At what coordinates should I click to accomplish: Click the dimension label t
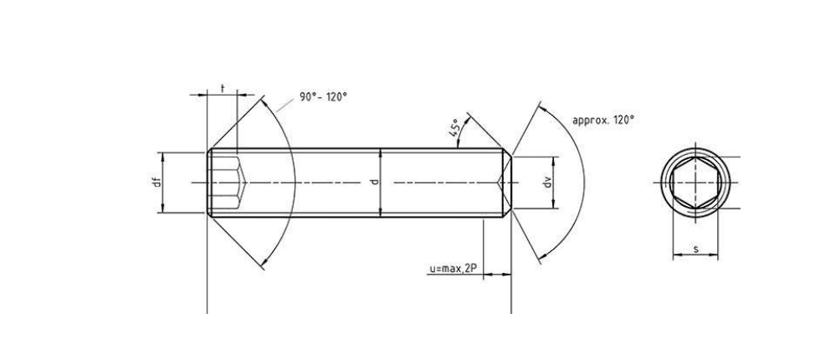click(223, 89)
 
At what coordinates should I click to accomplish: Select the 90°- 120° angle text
click(323, 97)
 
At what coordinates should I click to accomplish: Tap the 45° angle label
click(454, 127)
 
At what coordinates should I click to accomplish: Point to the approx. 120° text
click(603, 120)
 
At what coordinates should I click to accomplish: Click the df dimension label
click(156, 183)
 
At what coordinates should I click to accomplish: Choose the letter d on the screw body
click(373, 183)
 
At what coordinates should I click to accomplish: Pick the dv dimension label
click(547, 183)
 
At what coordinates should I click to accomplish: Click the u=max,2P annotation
click(453, 269)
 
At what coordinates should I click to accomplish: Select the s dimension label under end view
click(695, 249)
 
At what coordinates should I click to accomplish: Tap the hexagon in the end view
click(695, 183)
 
